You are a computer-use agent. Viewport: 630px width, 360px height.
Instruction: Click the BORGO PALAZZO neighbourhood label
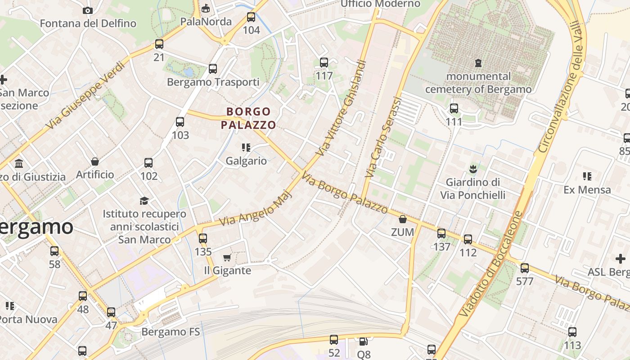coord(248,118)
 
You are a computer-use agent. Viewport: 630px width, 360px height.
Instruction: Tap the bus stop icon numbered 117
coord(324,63)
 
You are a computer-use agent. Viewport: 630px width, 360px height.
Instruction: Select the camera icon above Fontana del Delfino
coord(88,10)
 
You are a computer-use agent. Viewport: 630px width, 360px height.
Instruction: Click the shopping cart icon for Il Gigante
coord(227,257)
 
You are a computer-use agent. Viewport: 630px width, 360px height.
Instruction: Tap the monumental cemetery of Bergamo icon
coord(478,63)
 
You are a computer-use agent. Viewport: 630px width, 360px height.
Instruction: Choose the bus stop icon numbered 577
coord(525,269)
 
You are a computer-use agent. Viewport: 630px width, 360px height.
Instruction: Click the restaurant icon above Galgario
coord(246,148)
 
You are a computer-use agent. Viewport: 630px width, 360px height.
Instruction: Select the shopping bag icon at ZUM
coord(403,220)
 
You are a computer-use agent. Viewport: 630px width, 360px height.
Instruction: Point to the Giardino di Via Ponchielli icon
coord(473,169)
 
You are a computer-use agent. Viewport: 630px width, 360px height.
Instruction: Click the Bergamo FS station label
coord(171,332)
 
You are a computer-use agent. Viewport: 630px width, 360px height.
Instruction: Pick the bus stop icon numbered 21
coord(159,44)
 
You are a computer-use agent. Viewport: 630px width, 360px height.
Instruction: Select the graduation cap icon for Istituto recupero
coord(144,201)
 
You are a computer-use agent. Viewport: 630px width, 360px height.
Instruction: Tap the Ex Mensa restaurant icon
coord(587,176)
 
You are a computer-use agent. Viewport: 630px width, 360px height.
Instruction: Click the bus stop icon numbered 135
coord(203,238)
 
